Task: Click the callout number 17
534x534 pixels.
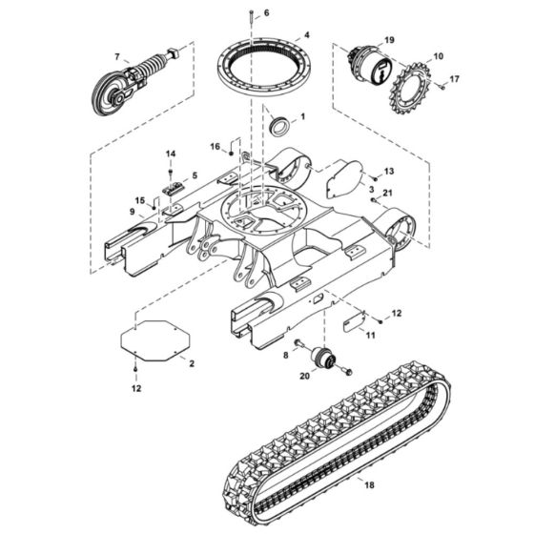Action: point(454,78)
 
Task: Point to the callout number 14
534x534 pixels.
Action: point(171,154)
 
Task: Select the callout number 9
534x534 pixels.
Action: point(133,211)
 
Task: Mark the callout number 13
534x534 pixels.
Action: point(389,171)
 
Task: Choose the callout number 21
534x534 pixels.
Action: point(387,194)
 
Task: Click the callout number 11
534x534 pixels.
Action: point(371,335)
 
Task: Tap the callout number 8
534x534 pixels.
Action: point(285,355)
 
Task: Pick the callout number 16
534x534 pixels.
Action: point(216,146)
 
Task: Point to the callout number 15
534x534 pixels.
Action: point(139,200)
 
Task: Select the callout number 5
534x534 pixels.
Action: point(195,175)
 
